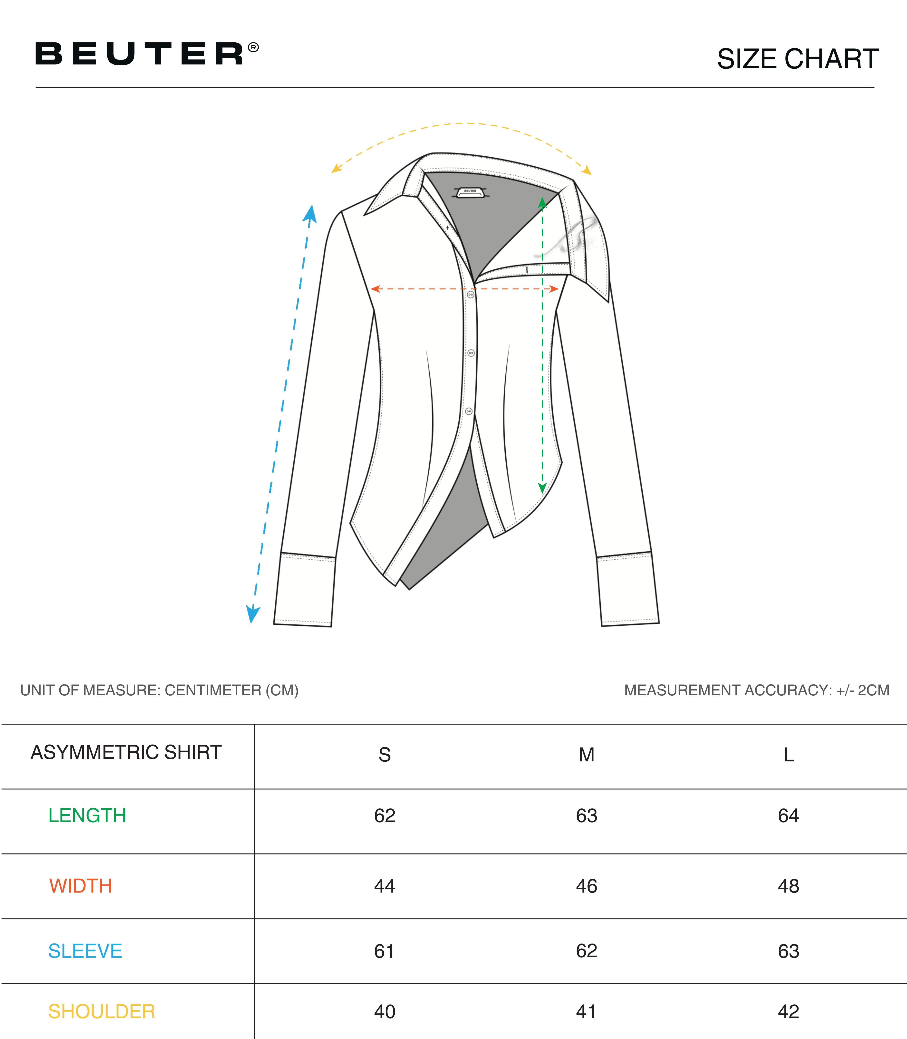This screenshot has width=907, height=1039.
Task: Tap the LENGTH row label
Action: pos(87,815)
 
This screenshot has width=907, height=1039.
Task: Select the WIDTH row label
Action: pos(80,886)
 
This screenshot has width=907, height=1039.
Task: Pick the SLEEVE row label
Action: pos(85,951)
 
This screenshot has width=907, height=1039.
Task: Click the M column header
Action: pos(587,755)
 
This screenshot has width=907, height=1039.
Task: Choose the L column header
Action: pos(789,755)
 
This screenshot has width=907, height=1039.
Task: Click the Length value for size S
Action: pos(385,815)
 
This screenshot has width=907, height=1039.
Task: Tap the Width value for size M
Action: pos(587,886)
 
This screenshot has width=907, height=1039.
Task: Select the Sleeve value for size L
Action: pos(789,951)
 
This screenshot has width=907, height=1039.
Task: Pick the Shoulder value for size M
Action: pos(586,1011)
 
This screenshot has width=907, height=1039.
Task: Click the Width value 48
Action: pos(789,886)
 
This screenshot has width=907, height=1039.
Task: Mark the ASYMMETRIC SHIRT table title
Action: pos(126,752)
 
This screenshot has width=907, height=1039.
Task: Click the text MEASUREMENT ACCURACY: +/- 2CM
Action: pos(757,690)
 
